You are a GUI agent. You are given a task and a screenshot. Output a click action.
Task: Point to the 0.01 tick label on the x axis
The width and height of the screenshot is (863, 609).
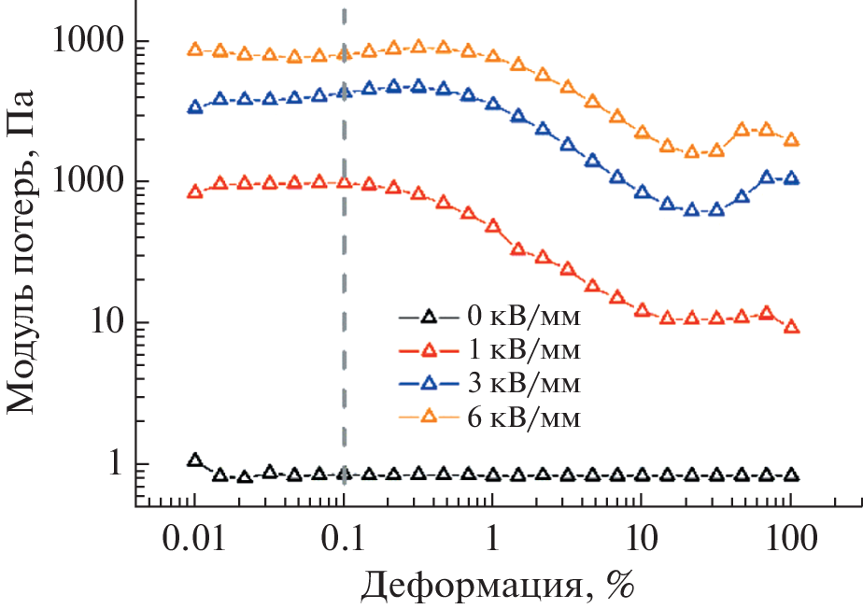coord(194,539)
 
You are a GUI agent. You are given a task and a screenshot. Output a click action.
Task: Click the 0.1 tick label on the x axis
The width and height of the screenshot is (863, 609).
coord(344,539)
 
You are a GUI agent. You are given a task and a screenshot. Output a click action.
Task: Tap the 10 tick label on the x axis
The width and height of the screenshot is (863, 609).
coord(642,539)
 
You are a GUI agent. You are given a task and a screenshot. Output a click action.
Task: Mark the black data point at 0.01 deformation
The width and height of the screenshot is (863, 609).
coord(195,460)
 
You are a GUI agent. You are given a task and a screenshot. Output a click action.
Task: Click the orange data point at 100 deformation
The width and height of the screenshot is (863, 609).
coord(791,140)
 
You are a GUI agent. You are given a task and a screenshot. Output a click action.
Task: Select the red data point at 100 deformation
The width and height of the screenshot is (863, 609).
coord(791,327)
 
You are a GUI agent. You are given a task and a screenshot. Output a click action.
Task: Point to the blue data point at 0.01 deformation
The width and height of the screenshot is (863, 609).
coord(195,107)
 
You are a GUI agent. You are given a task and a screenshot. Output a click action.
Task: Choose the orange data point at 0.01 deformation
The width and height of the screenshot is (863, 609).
coord(195,50)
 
